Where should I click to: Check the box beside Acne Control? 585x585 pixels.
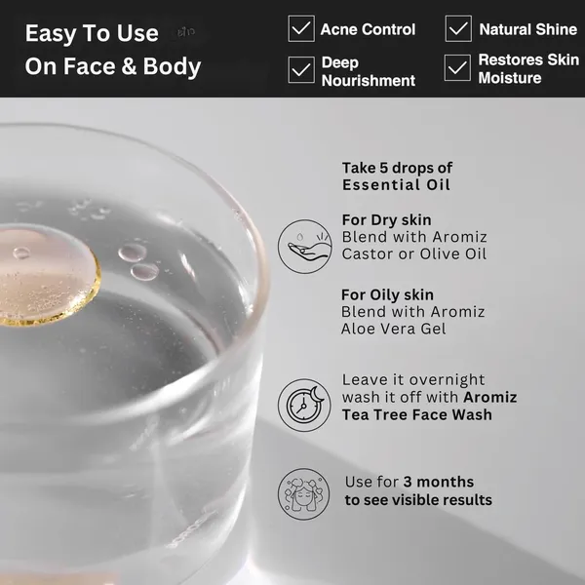pos(301,28)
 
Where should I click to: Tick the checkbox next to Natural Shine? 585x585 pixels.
pos(458,28)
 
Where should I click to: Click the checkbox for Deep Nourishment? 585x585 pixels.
pos(301,70)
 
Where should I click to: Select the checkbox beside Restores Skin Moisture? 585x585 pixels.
pos(457,68)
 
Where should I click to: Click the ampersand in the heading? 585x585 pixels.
pos(129,66)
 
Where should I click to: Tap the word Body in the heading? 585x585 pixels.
pos(172,67)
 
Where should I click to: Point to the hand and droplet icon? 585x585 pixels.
pos(305,247)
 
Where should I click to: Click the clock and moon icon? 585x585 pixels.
pos(304,406)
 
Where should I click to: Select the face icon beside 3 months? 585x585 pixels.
pos(303,494)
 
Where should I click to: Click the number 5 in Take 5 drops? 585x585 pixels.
pos(384,168)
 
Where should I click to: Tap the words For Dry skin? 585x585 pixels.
pos(386,220)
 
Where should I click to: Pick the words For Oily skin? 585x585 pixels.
pos(388,294)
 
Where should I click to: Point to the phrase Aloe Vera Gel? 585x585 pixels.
pos(394,329)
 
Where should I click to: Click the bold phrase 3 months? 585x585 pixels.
pos(439,482)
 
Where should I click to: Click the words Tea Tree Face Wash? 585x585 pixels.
pos(417,415)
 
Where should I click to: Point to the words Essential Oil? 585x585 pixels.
pos(396,185)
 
